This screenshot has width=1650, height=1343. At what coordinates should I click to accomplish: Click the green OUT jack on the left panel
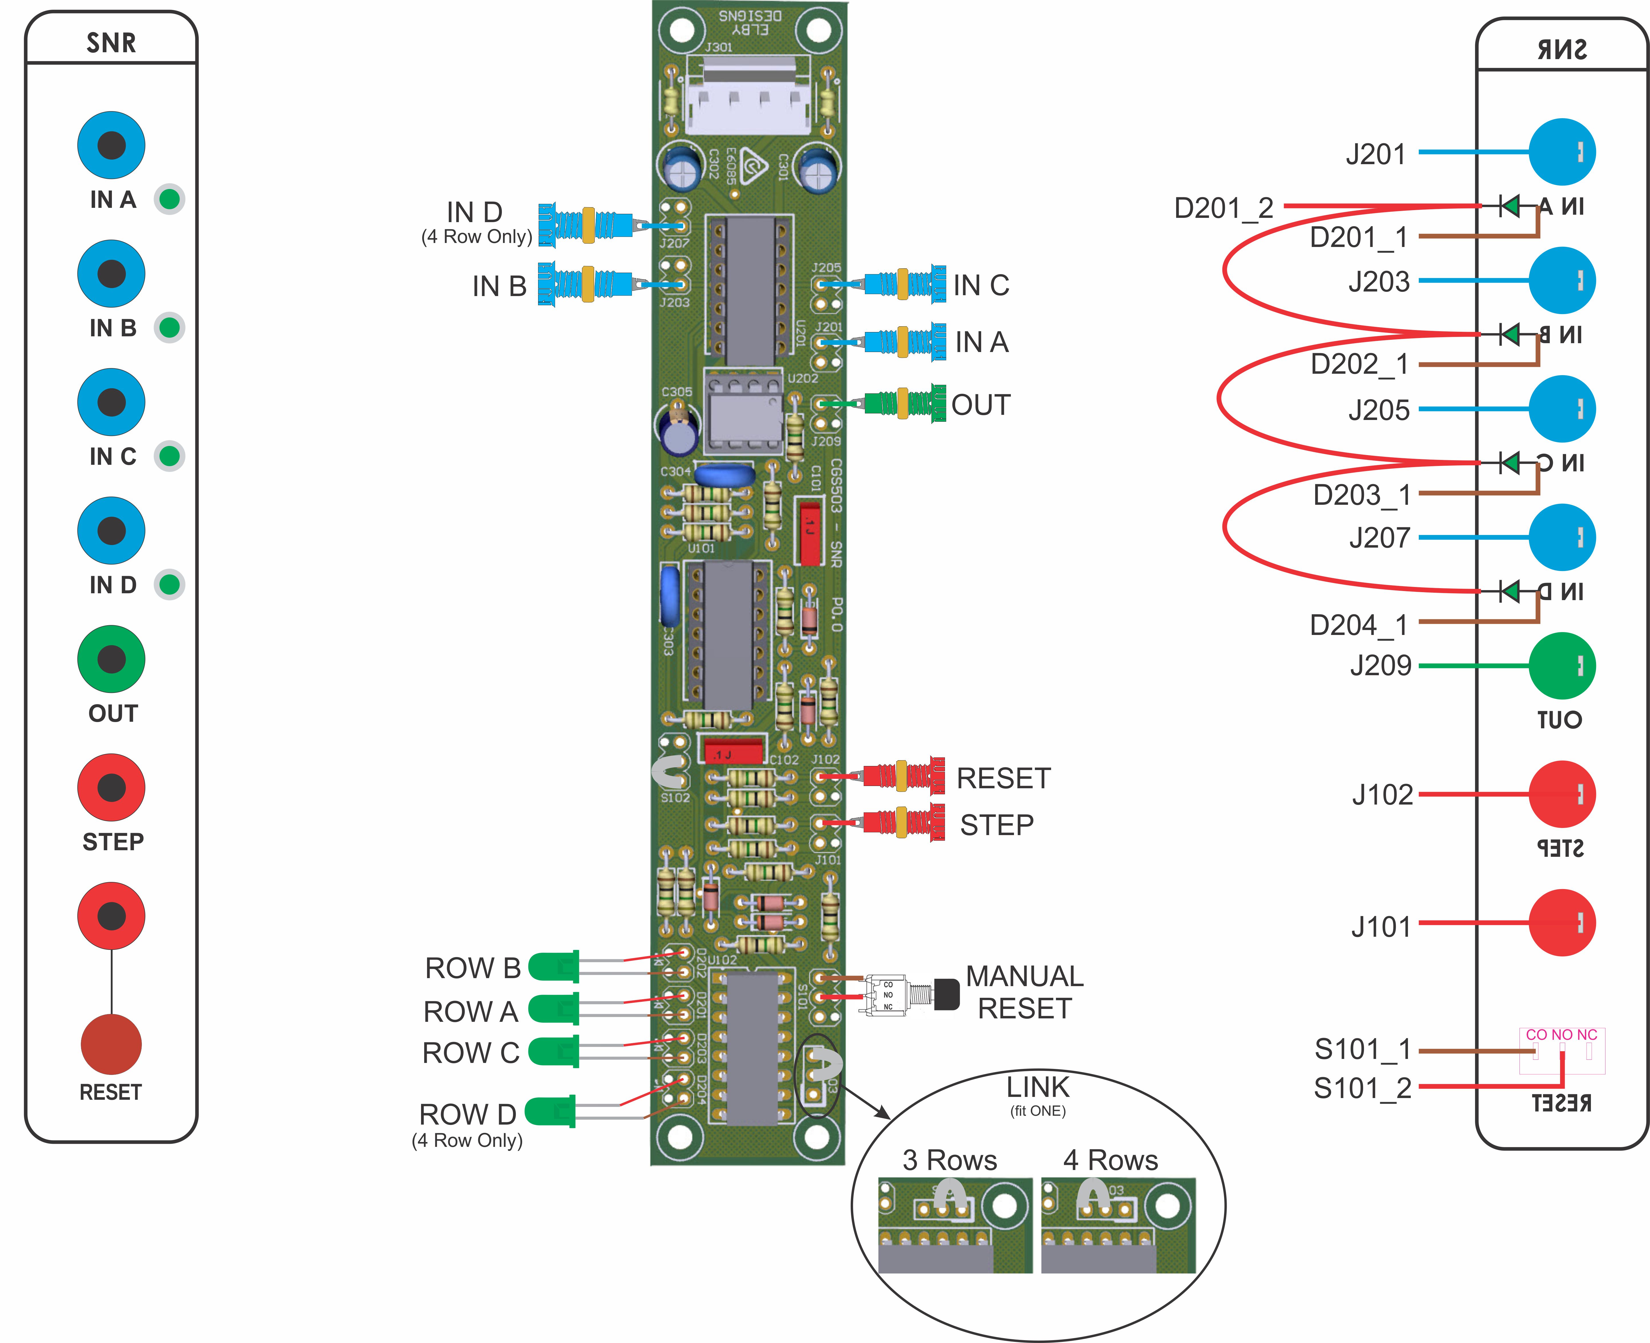[x=111, y=659]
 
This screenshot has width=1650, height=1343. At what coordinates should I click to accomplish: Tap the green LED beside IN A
[x=169, y=200]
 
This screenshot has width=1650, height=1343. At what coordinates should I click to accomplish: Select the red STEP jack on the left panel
[x=111, y=787]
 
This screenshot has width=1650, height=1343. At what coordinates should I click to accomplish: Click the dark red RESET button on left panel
[x=111, y=1044]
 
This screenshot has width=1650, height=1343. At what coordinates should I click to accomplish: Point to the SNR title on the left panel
[x=111, y=43]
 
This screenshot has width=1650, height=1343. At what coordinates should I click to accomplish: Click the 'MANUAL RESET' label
[x=1024, y=993]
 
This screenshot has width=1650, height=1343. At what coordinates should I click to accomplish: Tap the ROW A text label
[x=470, y=1011]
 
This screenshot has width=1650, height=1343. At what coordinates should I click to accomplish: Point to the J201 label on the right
[x=1375, y=155]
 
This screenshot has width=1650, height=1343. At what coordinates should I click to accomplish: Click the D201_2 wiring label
[x=1223, y=208]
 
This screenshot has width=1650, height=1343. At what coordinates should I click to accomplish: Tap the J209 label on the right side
[x=1380, y=665]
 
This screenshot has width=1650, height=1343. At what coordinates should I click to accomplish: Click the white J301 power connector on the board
[x=748, y=97]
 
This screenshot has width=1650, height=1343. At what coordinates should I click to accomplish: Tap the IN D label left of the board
[x=474, y=212]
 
